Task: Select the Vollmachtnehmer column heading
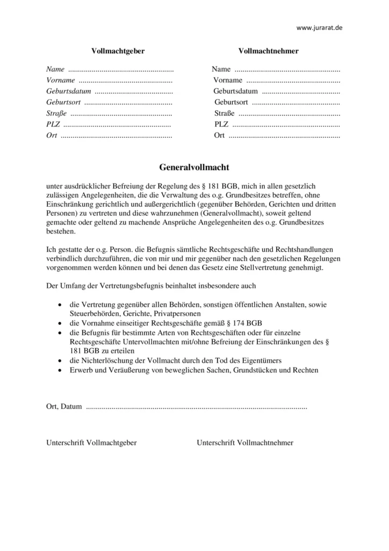[268, 51]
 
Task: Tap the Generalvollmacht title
[194, 167]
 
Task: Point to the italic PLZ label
[53, 124]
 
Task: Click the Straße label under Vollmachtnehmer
[225, 113]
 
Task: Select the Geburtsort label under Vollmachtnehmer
[231, 102]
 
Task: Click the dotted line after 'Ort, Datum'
[197, 407]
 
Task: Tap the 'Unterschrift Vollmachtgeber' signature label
[91, 442]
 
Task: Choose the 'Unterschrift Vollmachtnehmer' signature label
[245, 442]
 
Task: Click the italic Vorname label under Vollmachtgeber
[61, 80]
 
